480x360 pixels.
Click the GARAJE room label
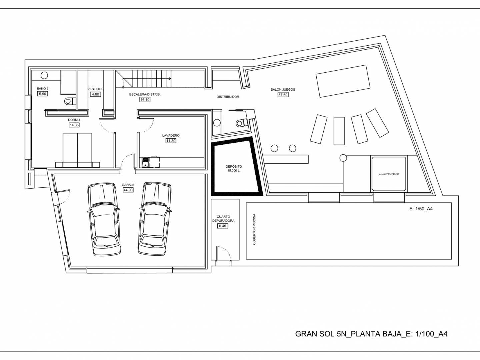coord(128,185)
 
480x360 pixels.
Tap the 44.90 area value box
coord(128,190)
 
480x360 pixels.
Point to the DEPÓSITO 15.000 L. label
coord(234,169)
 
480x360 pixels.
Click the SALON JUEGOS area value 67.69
coord(283,95)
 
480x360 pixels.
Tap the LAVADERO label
coord(171,136)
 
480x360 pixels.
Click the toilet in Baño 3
coord(70,101)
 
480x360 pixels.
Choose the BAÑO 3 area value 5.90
coord(42,94)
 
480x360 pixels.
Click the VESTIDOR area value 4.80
coord(95,94)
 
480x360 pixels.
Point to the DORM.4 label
coord(74,120)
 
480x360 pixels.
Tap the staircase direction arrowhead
coord(170,79)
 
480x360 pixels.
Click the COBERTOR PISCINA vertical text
coord(254,229)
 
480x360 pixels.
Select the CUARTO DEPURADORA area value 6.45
coord(223,226)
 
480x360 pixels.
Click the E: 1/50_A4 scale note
coord(421,209)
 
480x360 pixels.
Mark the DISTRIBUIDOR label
coord(228,97)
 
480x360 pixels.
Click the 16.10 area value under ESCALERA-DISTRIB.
coord(145,100)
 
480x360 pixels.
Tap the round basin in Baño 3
coord(44,75)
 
